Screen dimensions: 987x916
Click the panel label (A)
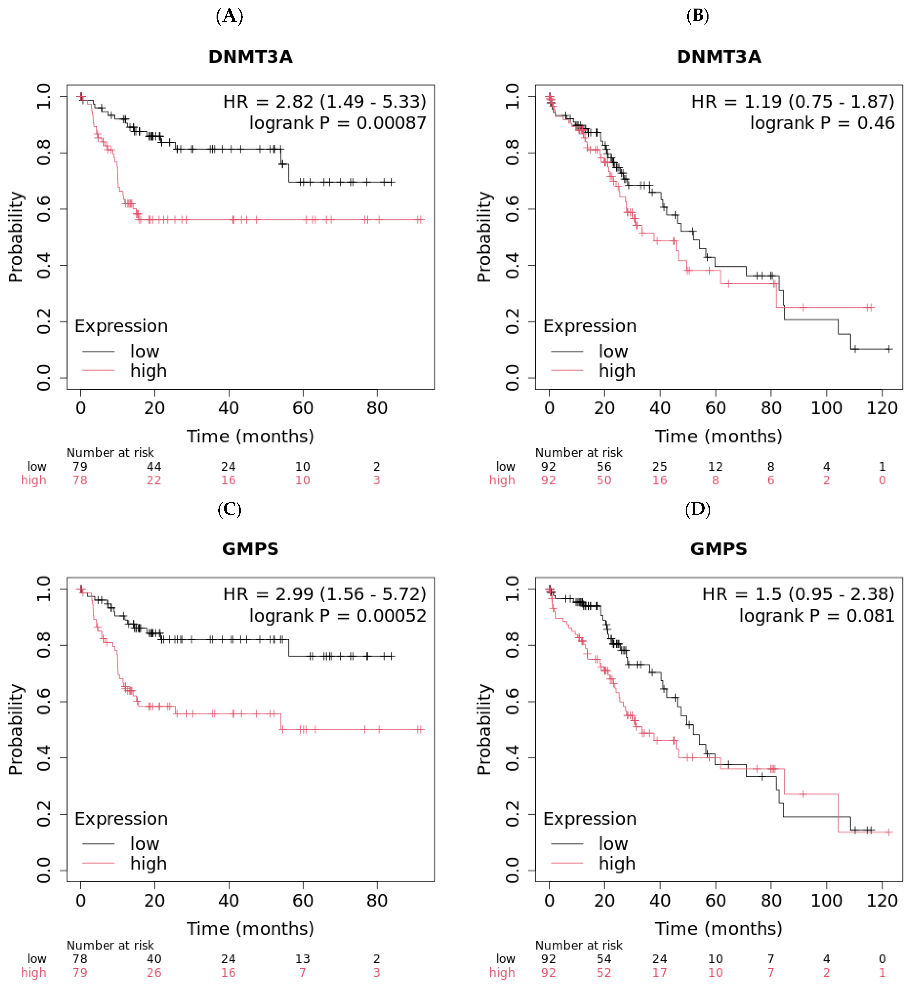(x=229, y=16)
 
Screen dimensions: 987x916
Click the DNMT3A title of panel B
(x=719, y=57)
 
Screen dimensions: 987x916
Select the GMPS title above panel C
(x=250, y=549)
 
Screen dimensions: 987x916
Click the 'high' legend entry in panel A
(x=148, y=371)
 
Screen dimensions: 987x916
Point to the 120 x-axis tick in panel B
(x=882, y=408)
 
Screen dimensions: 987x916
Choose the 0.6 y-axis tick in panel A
(x=44, y=209)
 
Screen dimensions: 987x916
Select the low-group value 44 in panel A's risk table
(x=154, y=466)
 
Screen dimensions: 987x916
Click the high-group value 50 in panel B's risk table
(x=604, y=480)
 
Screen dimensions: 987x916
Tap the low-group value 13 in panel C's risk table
(x=302, y=959)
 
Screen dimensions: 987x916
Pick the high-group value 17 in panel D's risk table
(x=659, y=973)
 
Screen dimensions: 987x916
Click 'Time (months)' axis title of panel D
(x=719, y=928)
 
